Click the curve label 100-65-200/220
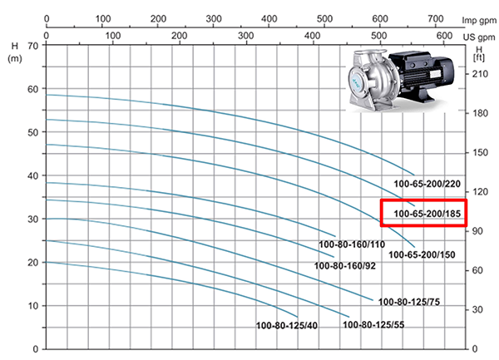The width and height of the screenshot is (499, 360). point(427,184)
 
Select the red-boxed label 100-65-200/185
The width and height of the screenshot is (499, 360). point(427,214)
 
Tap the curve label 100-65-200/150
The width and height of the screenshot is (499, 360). point(422,254)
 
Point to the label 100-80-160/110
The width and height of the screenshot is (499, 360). point(352,244)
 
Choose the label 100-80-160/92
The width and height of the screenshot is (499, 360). point(345,265)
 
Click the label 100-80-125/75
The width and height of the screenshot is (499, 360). point(409,302)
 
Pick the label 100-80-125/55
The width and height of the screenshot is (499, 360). point(373,325)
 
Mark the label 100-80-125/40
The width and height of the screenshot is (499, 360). point(287,326)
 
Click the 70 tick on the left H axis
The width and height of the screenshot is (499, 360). point(32,46)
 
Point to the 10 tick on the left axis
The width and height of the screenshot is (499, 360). point(32,306)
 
